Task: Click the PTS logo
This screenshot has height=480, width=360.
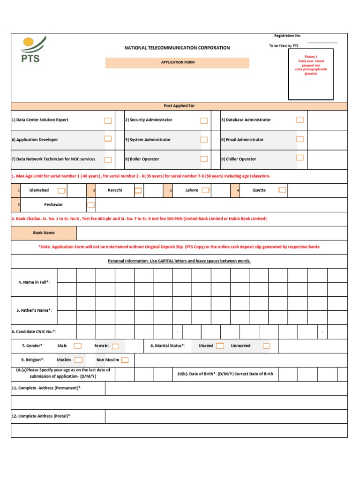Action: click(x=30, y=50)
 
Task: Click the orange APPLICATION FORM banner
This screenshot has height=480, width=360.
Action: click(x=177, y=62)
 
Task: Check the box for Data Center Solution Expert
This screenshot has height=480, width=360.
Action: click(x=108, y=120)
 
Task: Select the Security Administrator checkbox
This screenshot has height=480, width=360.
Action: click(x=204, y=120)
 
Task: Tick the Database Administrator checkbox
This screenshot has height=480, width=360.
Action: click(x=300, y=120)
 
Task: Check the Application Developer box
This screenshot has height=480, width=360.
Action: click(x=108, y=139)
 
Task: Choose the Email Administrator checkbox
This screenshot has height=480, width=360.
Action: click(x=300, y=139)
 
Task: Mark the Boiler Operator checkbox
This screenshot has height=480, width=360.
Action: click(x=204, y=159)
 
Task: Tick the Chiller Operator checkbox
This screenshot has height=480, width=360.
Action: click(x=300, y=158)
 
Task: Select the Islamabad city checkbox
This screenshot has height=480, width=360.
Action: click(x=61, y=190)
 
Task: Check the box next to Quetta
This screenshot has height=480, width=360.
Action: click(x=282, y=190)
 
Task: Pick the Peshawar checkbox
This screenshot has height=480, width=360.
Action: click(x=91, y=205)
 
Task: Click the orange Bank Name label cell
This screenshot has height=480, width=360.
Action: click(x=44, y=233)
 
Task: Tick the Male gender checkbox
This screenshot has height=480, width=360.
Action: click(x=77, y=346)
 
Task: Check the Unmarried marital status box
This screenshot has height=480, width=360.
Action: click(x=266, y=346)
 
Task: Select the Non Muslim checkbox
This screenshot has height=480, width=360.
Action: click(x=125, y=360)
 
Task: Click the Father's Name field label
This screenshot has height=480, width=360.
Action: click(x=34, y=310)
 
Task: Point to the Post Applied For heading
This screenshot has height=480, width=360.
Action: click(x=179, y=106)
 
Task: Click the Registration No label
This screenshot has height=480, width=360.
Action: click(x=287, y=36)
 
